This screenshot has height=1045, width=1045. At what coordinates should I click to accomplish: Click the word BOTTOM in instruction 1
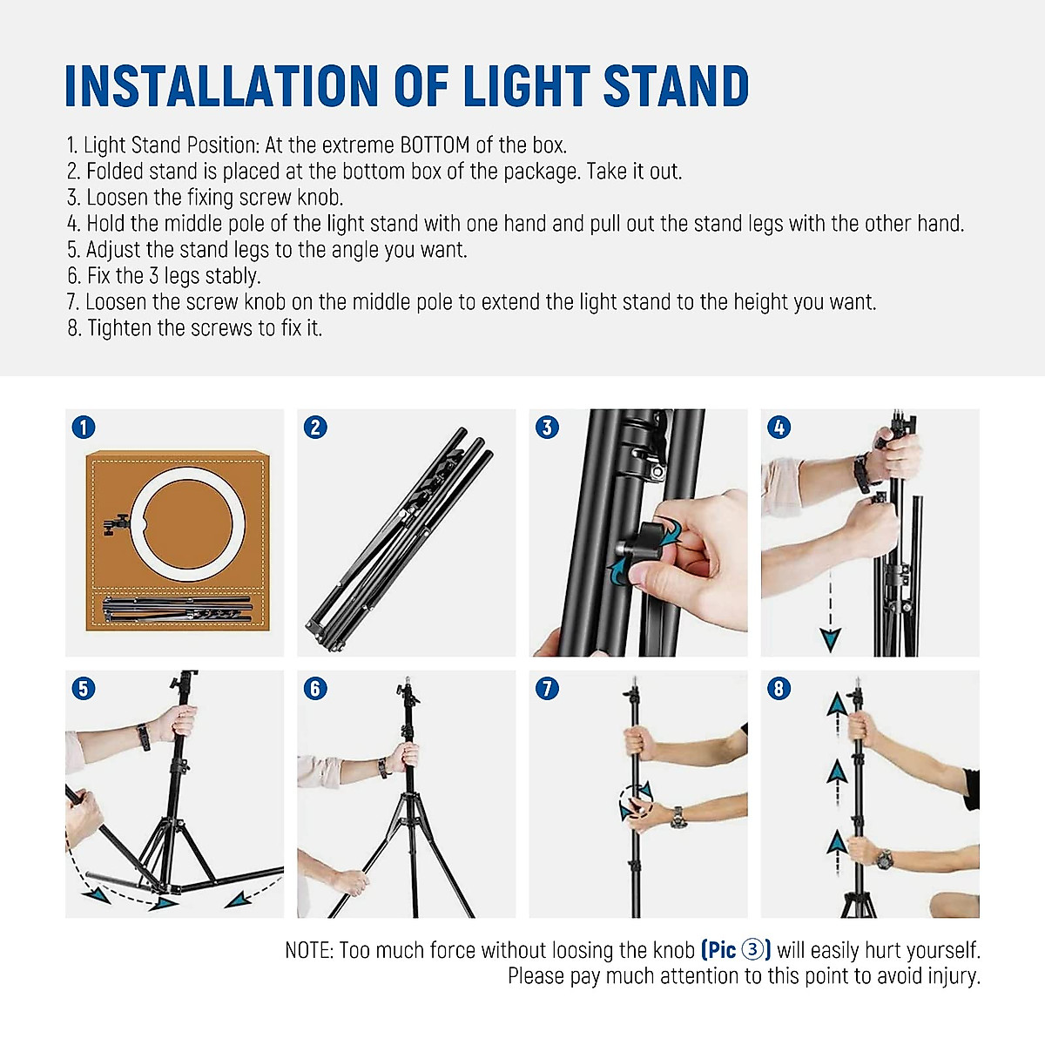pos(435,145)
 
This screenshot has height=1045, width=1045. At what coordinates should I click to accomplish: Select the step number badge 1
pos(83,427)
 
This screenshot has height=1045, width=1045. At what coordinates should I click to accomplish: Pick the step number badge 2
pos(315,427)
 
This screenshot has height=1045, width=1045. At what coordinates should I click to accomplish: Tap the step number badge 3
pos(547,427)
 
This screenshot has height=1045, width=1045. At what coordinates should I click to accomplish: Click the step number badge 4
pos(779,427)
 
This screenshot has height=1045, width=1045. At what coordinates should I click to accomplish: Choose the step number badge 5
pos(83,688)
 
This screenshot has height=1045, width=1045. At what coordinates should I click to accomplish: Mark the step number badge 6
pos(315,688)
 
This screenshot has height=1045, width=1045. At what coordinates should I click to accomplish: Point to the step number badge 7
pos(547,688)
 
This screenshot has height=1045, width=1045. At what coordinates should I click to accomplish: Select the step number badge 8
pos(779,688)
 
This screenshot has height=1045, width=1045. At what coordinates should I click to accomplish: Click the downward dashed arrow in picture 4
pos(830,610)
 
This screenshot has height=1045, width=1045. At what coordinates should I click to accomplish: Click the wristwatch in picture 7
pos(678,816)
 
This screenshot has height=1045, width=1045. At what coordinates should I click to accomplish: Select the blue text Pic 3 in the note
pos(736,950)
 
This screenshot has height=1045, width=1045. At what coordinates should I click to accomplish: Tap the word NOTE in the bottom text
pos(308,950)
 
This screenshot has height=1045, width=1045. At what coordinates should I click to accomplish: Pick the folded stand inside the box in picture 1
pos(178,608)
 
